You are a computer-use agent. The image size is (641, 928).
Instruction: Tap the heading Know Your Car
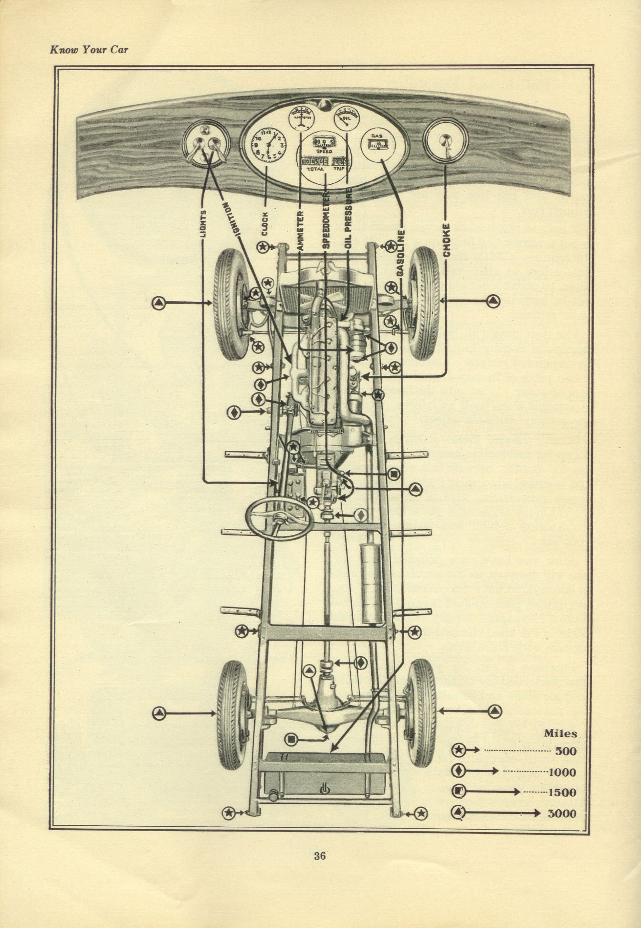[89, 49]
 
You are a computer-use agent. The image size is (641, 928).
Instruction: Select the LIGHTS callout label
[204, 225]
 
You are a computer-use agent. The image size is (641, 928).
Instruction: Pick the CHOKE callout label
[446, 240]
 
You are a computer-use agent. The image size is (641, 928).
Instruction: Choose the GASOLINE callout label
[400, 254]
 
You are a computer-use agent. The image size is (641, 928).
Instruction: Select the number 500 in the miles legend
[566, 750]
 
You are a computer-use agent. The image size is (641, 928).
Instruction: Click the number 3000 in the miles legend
[562, 813]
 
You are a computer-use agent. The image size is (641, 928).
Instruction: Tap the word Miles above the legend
[560, 734]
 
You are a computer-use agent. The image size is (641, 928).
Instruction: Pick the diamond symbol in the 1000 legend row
[459, 770]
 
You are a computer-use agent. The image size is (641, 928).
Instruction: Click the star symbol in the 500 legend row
[459, 750]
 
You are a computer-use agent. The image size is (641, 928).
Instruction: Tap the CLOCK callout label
[265, 224]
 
